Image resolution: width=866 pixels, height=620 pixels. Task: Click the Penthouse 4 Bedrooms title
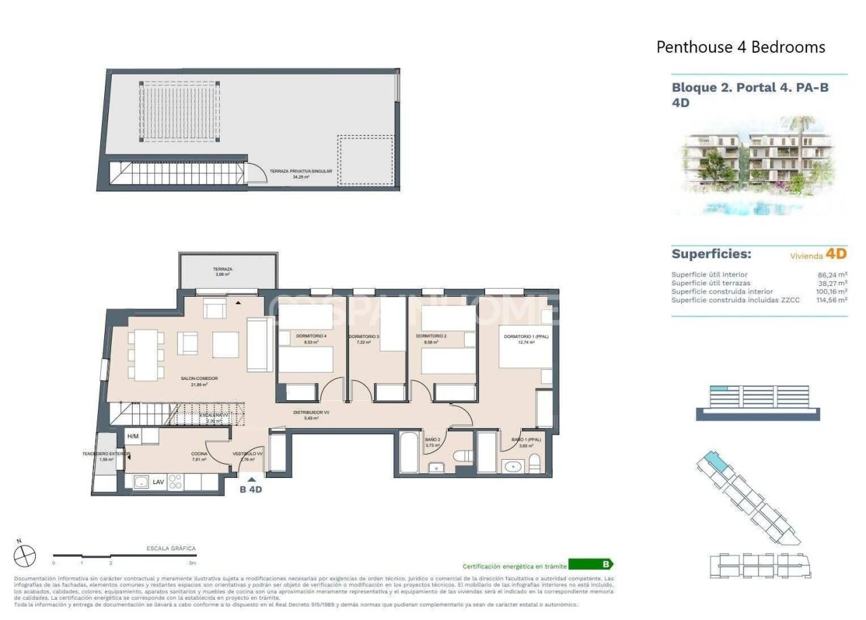[x=741, y=47]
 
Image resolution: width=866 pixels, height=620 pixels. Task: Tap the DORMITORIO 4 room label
[x=296, y=336]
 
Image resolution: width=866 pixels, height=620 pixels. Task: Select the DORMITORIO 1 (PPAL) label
[x=518, y=336]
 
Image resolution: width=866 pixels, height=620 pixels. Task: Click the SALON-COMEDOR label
[x=199, y=379]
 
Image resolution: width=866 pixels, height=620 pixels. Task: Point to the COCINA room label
[x=199, y=453]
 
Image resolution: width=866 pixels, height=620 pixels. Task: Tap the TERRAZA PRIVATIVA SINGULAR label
[x=300, y=172]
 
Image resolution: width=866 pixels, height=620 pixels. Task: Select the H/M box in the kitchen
[x=133, y=436]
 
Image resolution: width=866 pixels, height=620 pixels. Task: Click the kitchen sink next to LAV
[x=141, y=482]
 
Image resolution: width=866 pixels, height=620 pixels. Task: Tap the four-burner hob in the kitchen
[x=175, y=482]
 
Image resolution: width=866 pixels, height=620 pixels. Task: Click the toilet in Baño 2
[x=463, y=458]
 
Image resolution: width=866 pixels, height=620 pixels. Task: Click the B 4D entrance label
[x=250, y=490]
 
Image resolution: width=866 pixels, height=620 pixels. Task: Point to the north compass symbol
[x=24, y=556]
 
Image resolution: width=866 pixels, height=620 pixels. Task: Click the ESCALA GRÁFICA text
[x=170, y=548]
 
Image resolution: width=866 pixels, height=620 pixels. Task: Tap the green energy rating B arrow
[x=591, y=565]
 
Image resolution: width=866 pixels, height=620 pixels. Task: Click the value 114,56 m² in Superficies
[x=831, y=300]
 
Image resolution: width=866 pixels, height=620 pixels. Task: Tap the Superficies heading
[x=711, y=254]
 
